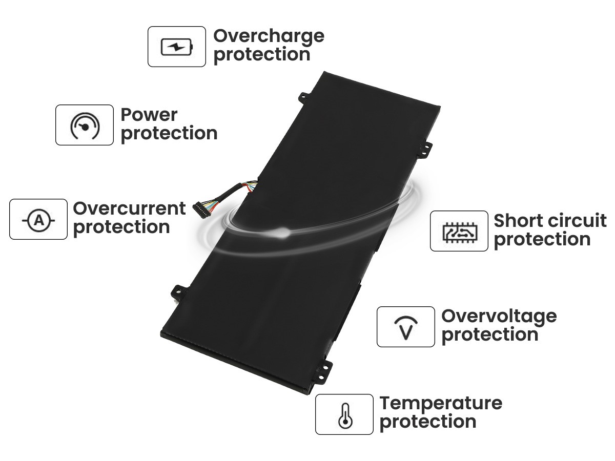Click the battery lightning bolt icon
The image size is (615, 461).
pyautogui.click(x=177, y=47)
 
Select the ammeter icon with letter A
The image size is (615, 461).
pyautogui.click(x=38, y=220)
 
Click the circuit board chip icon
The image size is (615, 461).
pyautogui.click(x=460, y=232)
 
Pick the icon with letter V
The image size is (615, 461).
pyautogui.click(x=406, y=327)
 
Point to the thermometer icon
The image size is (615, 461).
pyautogui.click(x=345, y=415)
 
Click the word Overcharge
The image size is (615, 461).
pyautogui.click(x=269, y=37)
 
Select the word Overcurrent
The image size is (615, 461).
pyautogui.click(x=129, y=208)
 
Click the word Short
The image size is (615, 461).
pyautogui.click(x=518, y=221)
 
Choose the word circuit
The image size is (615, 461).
pyautogui.click(x=576, y=221)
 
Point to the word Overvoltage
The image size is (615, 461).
pyautogui.click(x=499, y=317)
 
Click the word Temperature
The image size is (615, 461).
pyautogui.click(x=441, y=405)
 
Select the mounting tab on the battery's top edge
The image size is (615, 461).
pyautogui.click(x=304, y=98)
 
